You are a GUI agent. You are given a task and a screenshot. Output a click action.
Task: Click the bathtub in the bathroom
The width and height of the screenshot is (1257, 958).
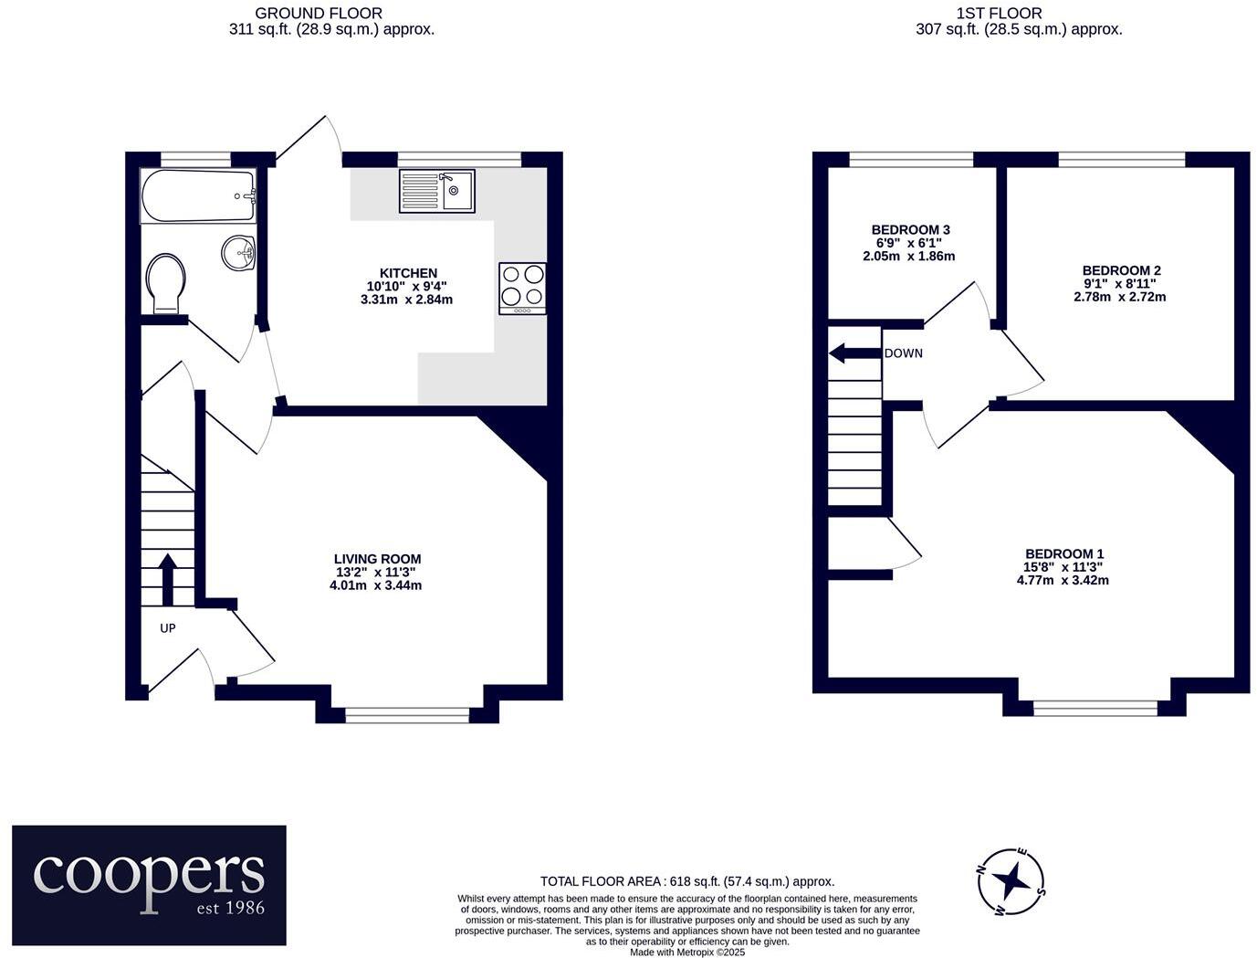coord(197,196)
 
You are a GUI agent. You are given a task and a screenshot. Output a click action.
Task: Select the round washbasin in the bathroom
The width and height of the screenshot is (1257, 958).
coord(238,252)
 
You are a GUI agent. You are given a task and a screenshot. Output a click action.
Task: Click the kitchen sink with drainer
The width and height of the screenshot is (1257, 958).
coord(437,192)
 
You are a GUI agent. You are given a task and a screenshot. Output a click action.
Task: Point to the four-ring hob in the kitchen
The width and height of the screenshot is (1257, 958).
coord(522,289)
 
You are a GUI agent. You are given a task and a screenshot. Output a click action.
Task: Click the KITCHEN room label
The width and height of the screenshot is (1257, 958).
coord(408,273)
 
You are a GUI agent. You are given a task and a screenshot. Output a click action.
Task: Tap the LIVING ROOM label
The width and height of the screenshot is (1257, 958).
coord(377,559)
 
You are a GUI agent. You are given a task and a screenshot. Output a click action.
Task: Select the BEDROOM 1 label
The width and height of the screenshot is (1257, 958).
coord(1064,553)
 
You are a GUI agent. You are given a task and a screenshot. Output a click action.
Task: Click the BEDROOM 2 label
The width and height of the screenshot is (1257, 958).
coord(1121,270)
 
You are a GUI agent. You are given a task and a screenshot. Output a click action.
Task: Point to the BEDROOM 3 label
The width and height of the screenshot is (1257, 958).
coord(910,230)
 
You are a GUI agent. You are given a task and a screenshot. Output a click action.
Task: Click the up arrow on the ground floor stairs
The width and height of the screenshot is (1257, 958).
coord(168,579)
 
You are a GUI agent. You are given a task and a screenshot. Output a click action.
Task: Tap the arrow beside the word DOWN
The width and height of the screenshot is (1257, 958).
coord(854,353)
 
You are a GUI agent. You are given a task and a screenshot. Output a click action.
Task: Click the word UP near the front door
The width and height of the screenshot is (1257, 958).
coord(167,628)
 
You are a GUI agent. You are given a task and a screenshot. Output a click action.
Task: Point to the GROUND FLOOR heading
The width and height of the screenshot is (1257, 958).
coord(319,13)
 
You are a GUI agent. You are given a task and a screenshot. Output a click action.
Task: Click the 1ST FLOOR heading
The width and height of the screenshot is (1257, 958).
coord(999,13)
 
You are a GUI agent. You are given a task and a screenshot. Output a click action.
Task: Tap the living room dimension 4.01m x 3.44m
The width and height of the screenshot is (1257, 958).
coord(376,585)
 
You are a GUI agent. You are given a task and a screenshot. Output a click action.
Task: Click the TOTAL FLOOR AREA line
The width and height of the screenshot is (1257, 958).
coord(687,882)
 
